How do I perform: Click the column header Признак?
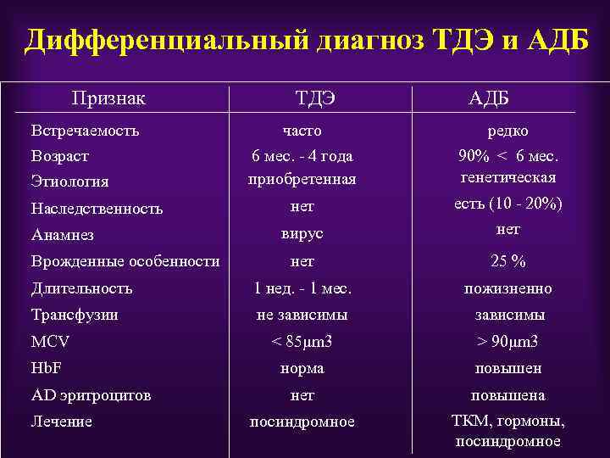click(108, 98)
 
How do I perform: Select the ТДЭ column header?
click(315, 99)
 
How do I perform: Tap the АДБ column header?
click(490, 99)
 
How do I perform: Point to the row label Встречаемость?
click(85, 131)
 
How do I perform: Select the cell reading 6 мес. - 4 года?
click(302, 156)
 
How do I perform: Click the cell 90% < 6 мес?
click(508, 156)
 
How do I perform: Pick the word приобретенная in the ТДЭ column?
click(302, 179)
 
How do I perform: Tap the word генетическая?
click(508, 177)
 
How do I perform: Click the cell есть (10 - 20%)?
click(508, 204)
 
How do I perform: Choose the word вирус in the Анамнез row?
click(302, 233)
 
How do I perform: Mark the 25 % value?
click(508, 261)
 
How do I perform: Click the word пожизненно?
click(508, 288)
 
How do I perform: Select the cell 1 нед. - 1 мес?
click(302, 288)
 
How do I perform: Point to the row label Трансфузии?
click(75, 315)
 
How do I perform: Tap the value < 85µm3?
click(302, 343)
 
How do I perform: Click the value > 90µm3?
click(508, 343)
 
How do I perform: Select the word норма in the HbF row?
click(302, 369)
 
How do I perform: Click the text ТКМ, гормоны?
click(508, 421)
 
